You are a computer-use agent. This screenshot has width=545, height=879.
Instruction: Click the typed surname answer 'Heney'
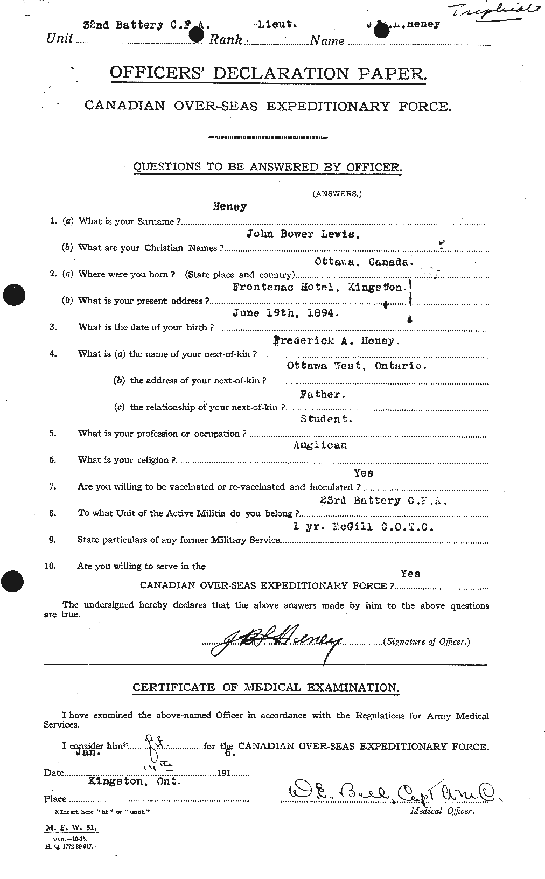[x=230, y=206]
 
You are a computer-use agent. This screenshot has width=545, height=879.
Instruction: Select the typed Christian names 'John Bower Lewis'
[x=303, y=234]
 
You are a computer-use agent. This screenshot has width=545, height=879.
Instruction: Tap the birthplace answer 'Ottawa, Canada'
[x=364, y=261]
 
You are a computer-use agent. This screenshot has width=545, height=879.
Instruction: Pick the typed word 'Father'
[x=323, y=394]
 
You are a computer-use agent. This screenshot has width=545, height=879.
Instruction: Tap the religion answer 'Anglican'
[x=320, y=445]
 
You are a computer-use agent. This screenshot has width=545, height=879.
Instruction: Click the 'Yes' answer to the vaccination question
[x=364, y=473]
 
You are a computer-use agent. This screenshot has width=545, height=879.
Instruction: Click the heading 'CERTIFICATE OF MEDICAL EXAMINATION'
[x=266, y=688]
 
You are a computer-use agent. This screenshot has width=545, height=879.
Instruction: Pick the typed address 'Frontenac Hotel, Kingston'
[x=319, y=288]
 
